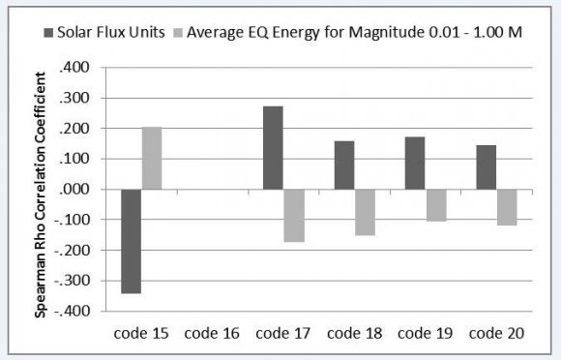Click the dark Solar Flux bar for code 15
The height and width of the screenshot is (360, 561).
click(x=131, y=241)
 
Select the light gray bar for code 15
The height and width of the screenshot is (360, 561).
click(x=152, y=158)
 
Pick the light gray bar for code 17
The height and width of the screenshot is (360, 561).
click(x=294, y=215)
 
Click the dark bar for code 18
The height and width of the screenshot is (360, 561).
click(x=344, y=165)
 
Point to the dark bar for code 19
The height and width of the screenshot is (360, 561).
click(x=415, y=164)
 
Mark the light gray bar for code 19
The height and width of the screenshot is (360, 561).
click(x=436, y=205)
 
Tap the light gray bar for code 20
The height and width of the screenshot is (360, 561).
click(x=507, y=207)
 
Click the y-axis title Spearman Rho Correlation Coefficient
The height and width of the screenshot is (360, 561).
click(x=43, y=190)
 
